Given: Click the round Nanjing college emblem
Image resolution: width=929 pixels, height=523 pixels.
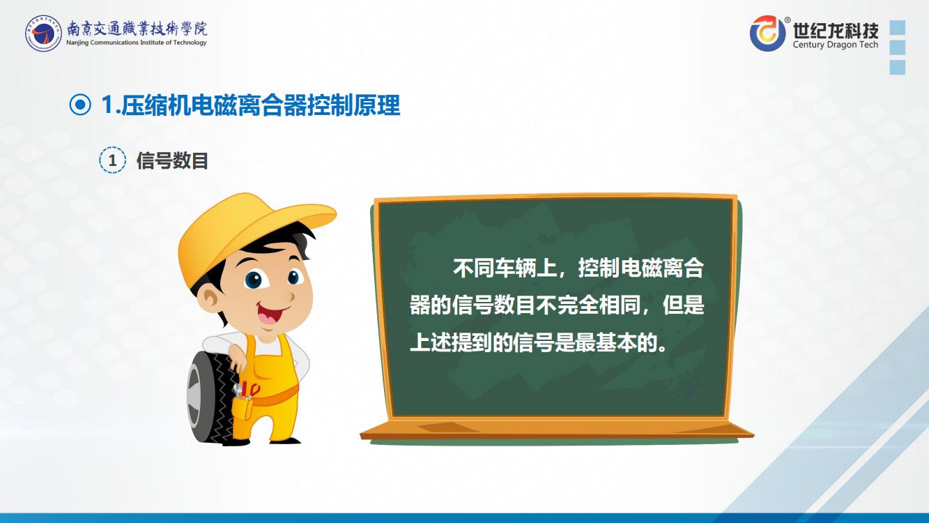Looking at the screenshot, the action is pos(43,33).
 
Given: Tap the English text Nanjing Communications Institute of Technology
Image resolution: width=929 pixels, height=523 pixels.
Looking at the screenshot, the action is pos(137,43).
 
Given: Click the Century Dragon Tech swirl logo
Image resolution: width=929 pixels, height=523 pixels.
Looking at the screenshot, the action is pos(767,33).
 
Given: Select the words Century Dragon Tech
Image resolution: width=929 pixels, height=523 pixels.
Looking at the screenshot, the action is pos(836,45).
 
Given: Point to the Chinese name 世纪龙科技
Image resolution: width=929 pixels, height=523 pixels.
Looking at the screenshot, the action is pos(836,30).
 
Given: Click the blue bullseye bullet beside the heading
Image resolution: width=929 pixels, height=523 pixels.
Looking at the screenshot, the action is pos(80,105).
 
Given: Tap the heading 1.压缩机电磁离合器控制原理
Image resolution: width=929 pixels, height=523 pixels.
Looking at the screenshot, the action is pos(250,105).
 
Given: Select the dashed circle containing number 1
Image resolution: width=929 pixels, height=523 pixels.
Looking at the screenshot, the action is pos(112,160).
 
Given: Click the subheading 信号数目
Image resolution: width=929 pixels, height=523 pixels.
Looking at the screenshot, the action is pos(172,160).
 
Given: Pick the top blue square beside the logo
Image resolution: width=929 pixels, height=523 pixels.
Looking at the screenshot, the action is pos(898,28).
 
